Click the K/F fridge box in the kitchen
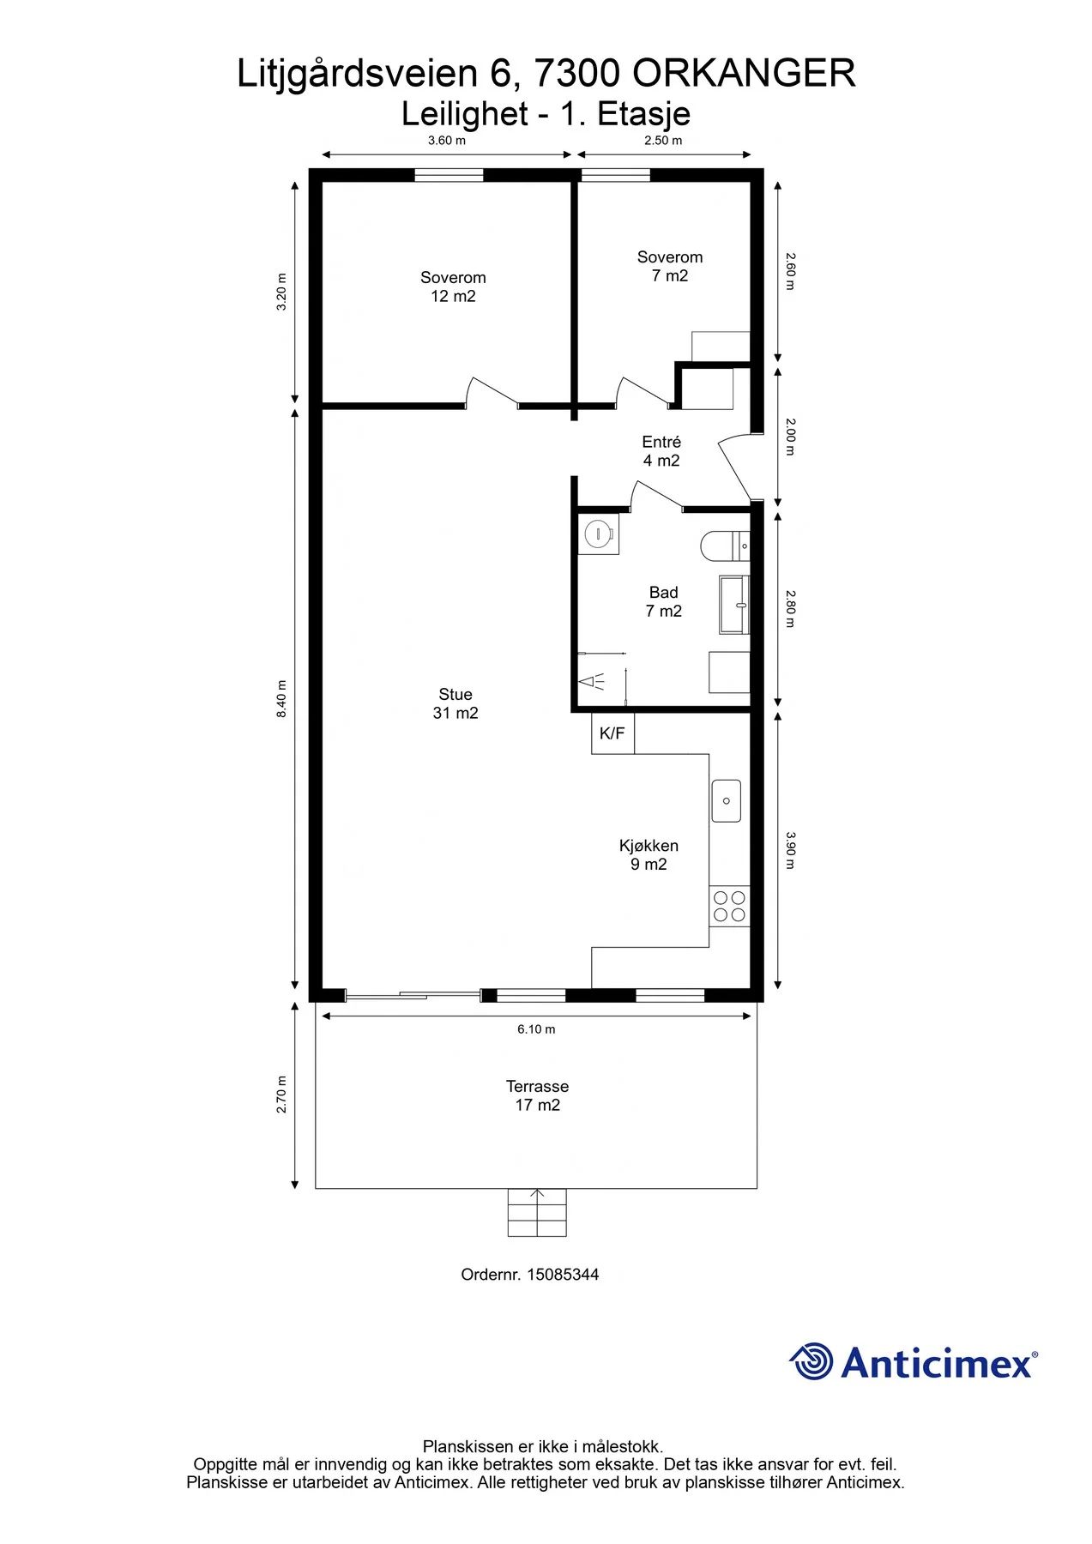pos(612,733)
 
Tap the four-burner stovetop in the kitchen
pos(729,906)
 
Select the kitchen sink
pos(727,801)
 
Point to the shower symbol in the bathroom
pos(593,682)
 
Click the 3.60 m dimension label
pos(447,141)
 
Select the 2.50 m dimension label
pos(663,141)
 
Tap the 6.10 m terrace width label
pos(536,1029)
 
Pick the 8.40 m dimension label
pos(281,699)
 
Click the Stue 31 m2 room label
pos(456,703)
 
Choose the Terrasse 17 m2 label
pos(537,1095)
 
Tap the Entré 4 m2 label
pos(661,451)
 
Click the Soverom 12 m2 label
pos(453,286)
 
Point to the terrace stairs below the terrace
pos(537,1212)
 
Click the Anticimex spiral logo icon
pos(811,1361)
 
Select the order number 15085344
pos(563,1275)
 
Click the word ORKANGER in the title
pos(744,74)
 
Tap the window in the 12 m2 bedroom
pos(449,175)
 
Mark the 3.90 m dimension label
pos(790,850)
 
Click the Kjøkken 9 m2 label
pos(649,854)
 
